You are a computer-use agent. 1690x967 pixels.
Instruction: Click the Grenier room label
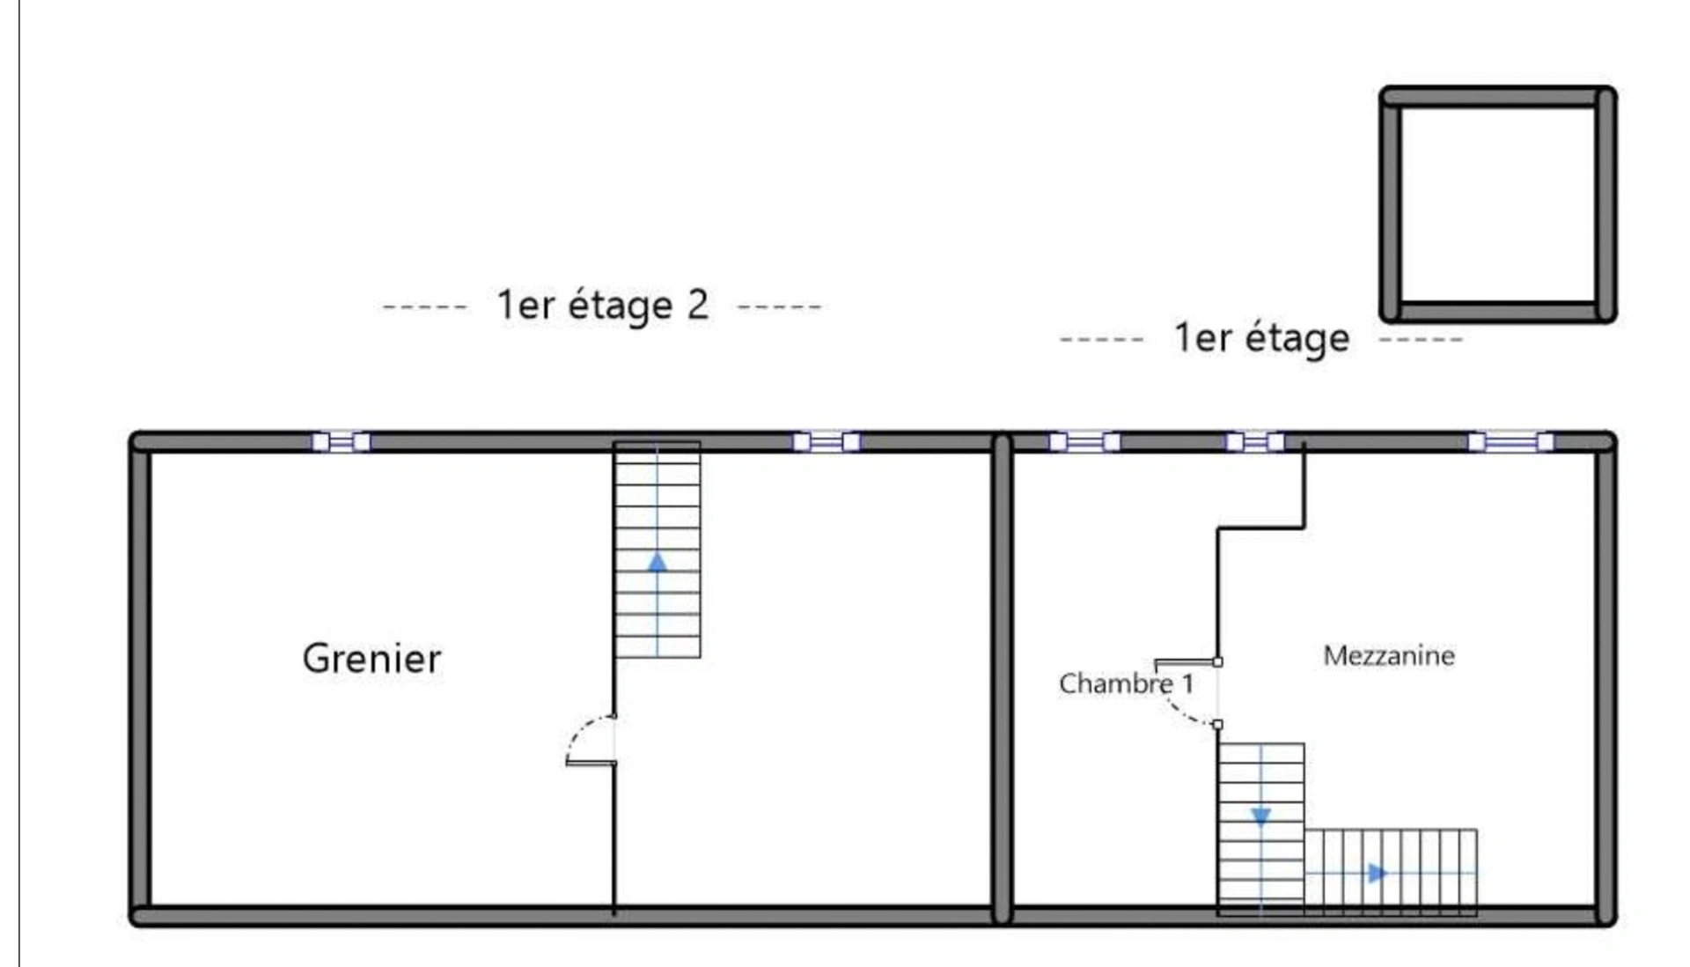click(x=371, y=659)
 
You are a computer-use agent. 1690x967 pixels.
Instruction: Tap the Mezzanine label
click(x=1389, y=655)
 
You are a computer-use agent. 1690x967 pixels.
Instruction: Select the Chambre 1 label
click(x=1127, y=683)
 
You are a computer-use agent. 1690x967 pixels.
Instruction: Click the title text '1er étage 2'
click(x=603, y=306)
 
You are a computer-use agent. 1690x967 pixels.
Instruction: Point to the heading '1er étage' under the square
click(x=1261, y=339)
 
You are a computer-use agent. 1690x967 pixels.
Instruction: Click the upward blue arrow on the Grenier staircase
click(x=657, y=561)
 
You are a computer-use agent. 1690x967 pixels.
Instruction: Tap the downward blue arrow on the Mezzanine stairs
click(x=1260, y=817)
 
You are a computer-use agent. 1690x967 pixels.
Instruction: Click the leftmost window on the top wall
click(x=341, y=441)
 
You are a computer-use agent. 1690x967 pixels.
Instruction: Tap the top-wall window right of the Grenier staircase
click(x=826, y=441)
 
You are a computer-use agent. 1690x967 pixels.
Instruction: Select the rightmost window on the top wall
click(x=1510, y=441)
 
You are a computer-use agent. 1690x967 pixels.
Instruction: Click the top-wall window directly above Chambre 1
click(x=1084, y=441)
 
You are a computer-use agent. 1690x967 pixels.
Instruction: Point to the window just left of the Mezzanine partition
click(x=1255, y=441)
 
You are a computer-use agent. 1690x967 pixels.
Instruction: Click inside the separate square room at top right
click(x=1498, y=204)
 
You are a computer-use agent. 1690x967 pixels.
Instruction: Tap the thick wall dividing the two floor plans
click(x=1002, y=678)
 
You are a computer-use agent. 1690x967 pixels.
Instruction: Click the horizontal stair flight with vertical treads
click(x=1391, y=872)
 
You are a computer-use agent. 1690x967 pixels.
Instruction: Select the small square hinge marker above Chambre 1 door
click(x=1217, y=661)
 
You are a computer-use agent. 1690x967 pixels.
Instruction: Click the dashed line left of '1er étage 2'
click(x=425, y=307)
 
